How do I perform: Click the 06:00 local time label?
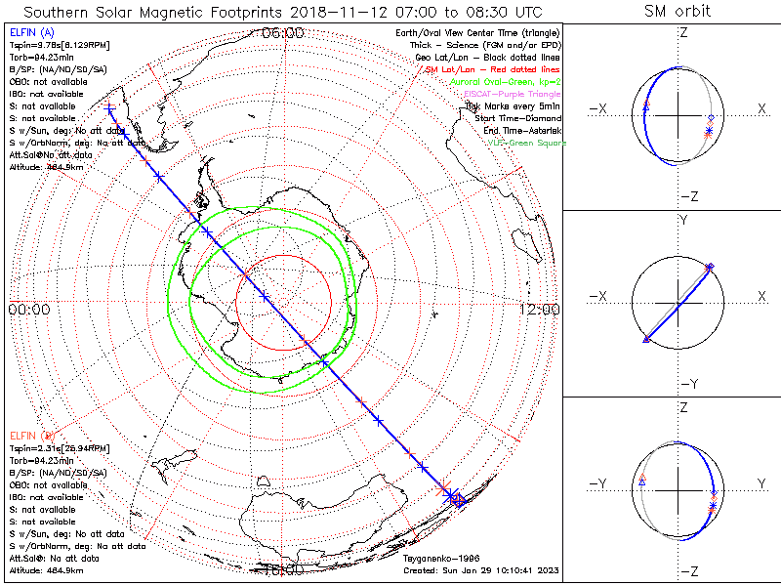click(283, 33)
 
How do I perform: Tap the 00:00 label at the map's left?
click(28, 310)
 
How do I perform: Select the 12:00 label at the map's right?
click(539, 310)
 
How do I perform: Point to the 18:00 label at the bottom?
click(283, 567)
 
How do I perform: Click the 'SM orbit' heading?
click(678, 12)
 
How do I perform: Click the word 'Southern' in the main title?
click(66, 12)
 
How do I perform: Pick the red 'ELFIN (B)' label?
click(31, 434)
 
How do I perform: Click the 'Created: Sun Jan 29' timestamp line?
click(480, 569)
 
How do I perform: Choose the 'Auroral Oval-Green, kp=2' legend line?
click(507, 82)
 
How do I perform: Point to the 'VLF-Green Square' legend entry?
click(526, 143)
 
